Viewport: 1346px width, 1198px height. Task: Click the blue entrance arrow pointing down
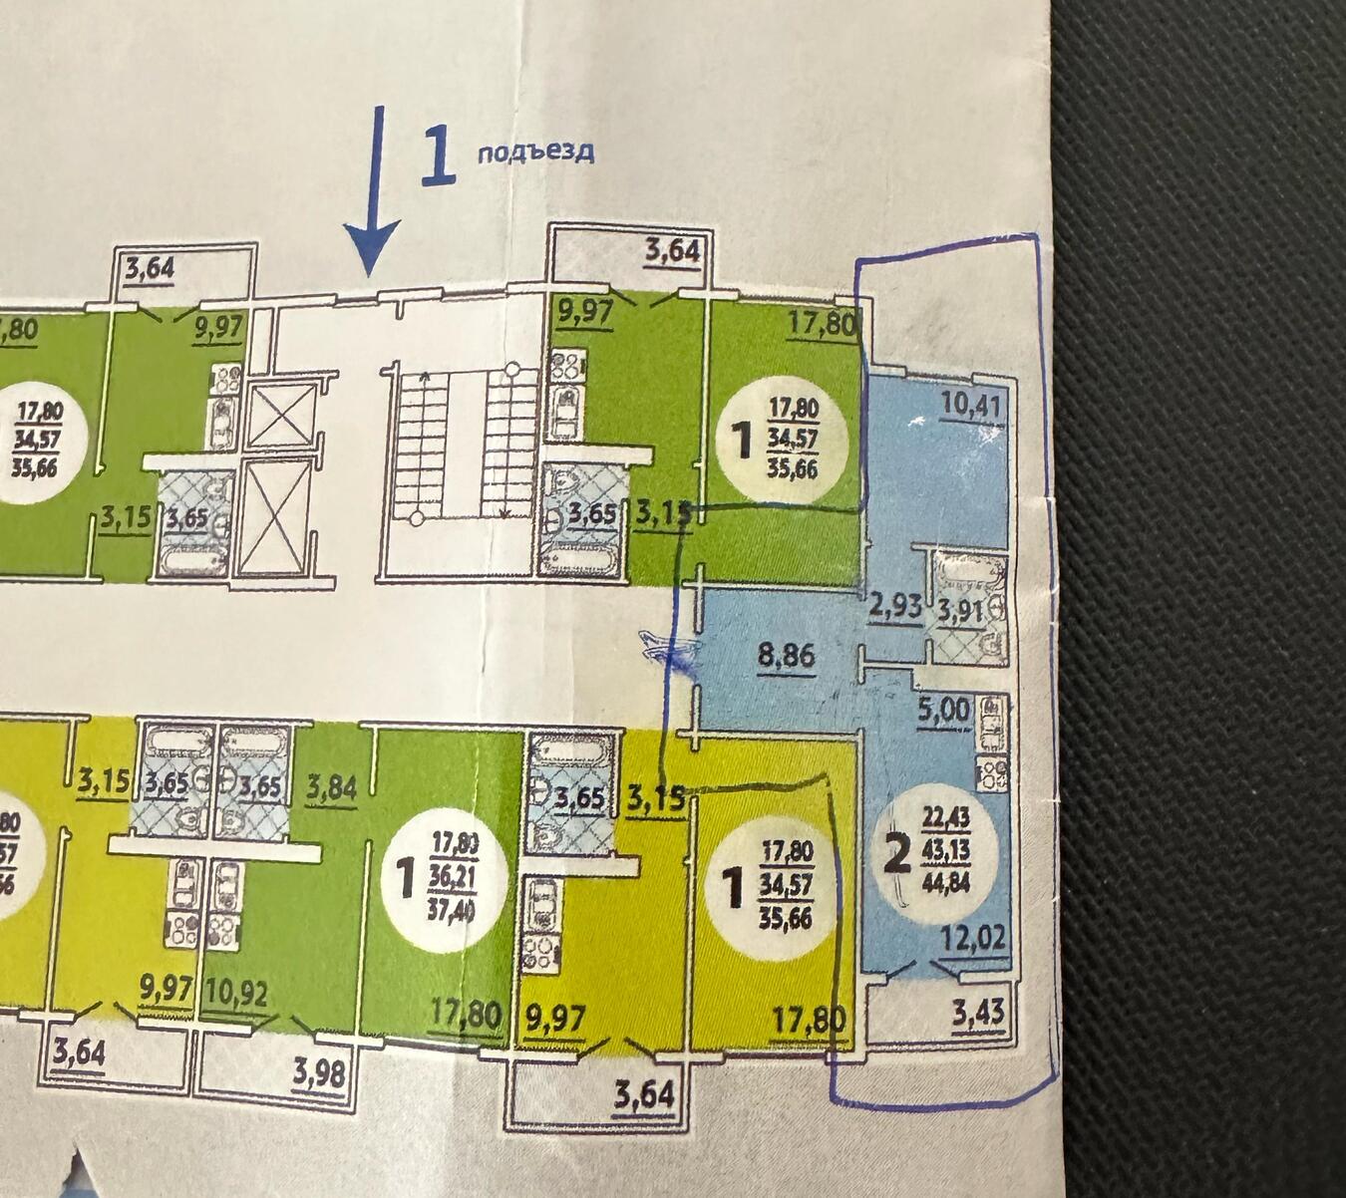tap(374, 189)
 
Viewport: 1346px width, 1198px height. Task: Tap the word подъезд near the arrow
tap(535, 151)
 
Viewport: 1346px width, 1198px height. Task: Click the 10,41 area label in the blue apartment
tap(972, 405)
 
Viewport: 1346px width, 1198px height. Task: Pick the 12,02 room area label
tap(972, 939)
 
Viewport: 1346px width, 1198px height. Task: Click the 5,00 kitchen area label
tap(942, 710)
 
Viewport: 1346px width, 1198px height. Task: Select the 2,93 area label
tap(895, 605)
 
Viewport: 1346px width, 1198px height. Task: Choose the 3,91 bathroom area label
tap(963, 611)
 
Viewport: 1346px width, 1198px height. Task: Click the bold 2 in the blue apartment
tap(898, 856)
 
